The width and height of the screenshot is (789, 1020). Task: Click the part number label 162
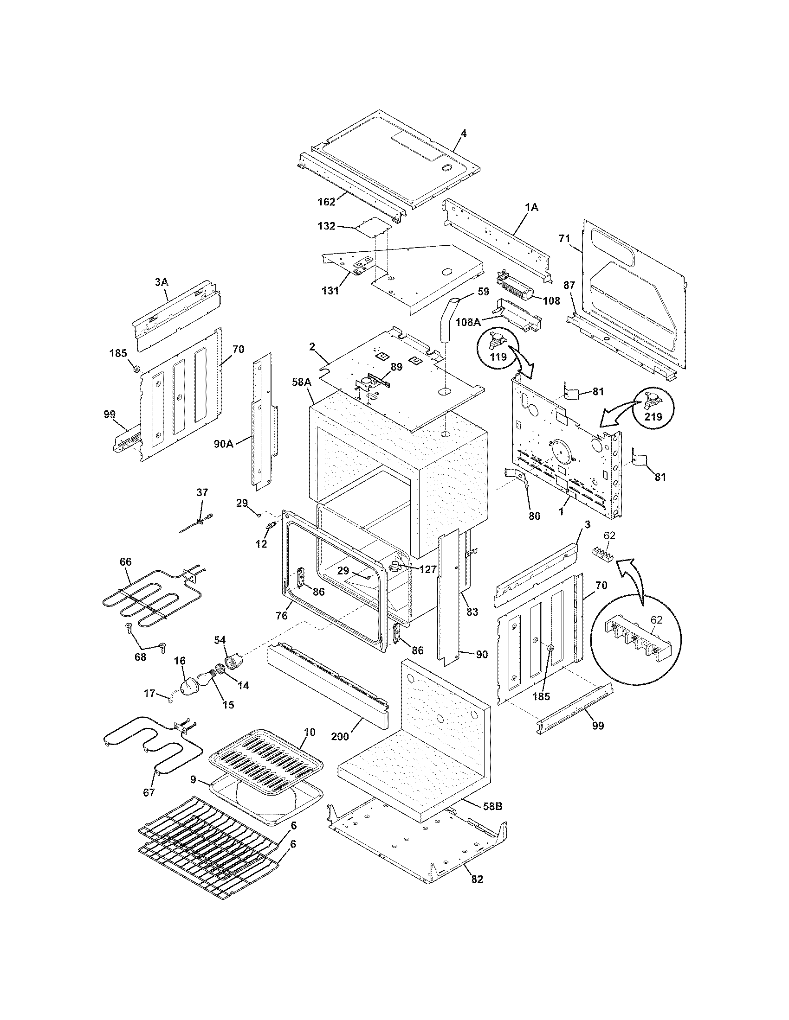[326, 202]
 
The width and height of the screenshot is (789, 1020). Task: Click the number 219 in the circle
[653, 417]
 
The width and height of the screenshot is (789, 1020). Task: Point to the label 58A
[302, 382]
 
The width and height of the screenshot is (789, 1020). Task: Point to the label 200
[340, 737]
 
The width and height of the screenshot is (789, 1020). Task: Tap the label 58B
[492, 806]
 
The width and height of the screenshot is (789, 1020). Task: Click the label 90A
[223, 444]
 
